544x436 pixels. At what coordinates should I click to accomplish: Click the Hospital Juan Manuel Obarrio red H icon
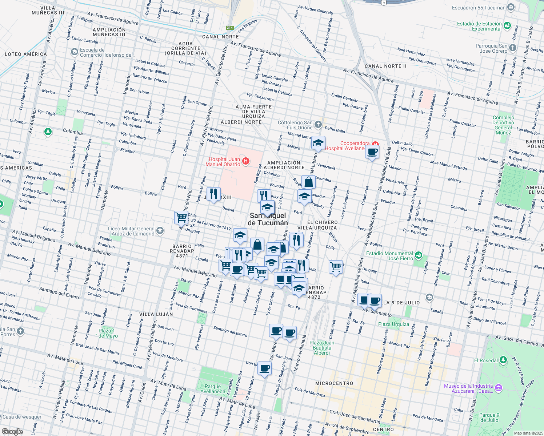tap(246, 161)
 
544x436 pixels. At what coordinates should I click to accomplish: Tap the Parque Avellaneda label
tap(213, 389)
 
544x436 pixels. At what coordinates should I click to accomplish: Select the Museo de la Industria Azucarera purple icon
tap(499, 388)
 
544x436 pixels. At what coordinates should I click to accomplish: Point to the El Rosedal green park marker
tap(503, 360)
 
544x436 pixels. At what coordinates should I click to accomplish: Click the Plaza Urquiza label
tap(393, 324)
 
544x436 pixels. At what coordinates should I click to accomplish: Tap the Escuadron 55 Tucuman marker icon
tap(511, 7)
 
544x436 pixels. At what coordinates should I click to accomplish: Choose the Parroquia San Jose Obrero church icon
tap(513, 48)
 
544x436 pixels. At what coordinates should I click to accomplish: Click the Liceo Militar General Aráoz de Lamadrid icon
tap(160, 231)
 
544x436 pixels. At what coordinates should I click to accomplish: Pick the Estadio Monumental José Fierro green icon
tap(419, 255)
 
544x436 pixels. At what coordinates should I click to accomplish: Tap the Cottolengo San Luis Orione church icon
tap(318, 125)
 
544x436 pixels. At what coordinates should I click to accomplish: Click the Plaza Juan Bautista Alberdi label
tap(322, 348)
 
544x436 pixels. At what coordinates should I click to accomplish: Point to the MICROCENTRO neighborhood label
tap(334, 383)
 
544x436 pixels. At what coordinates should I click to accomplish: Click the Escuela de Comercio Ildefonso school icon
tap(75, 52)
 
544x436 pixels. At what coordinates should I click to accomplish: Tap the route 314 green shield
tap(229, 28)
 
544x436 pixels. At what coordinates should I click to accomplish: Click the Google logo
tap(12, 432)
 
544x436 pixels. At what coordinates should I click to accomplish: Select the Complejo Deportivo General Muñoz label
tap(503, 125)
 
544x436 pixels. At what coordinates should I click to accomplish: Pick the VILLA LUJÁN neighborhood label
tap(156, 314)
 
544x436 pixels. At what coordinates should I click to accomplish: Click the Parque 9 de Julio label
tap(489, 417)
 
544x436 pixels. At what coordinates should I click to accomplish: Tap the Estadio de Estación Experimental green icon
tap(507, 26)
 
